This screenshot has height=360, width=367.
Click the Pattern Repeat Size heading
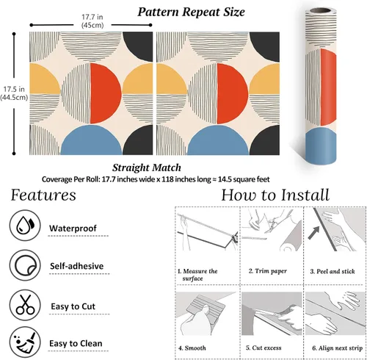click(191, 12)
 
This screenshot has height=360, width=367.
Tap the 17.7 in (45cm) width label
click(92, 21)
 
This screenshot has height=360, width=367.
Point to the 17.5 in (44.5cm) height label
click(14, 93)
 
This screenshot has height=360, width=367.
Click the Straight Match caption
click(147, 168)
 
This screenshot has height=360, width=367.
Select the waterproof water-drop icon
click(25, 225)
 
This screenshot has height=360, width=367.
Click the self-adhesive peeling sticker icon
click(25, 265)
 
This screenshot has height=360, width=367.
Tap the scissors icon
click(25, 305)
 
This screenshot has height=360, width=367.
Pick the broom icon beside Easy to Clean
click(25, 342)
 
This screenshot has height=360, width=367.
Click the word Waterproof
click(73, 228)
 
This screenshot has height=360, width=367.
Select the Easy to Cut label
click(73, 306)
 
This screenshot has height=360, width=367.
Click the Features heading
click(43, 195)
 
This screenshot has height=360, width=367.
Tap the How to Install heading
click(275, 195)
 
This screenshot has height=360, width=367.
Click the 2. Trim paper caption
click(268, 271)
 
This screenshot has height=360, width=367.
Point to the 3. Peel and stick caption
click(333, 271)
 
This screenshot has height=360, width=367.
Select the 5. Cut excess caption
click(264, 348)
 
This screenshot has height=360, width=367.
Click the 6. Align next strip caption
click(338, 348)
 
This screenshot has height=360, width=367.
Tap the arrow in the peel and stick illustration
click(314, 233)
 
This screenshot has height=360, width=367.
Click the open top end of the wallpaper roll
click(320, 11)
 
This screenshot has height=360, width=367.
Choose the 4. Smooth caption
click(192, 348)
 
